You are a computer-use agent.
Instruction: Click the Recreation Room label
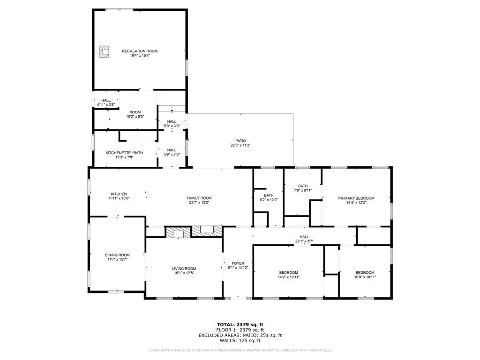click(x=140, y=51)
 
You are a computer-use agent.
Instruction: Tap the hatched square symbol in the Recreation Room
click(x=104, y=52)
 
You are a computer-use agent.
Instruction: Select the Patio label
click(x=240, y=141)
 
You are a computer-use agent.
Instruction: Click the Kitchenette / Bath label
click(x=124, y=153)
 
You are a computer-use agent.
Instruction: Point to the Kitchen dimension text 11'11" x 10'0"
click(x=119, y=198)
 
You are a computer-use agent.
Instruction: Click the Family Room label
click(x=199, y=198)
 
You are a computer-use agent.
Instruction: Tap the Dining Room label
click(x=117, y=255)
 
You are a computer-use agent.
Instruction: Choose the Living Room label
click(x=184, y=269)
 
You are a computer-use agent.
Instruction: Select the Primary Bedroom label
click(x=356, y=198)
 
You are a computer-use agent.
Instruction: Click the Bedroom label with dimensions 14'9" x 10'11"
click(x=288, y=273)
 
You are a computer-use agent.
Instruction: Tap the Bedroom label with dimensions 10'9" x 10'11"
click(x=365, y=273)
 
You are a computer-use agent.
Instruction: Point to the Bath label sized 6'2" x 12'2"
click(x=269, y=195)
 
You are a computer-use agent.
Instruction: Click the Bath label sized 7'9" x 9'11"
click(x=302, y=186)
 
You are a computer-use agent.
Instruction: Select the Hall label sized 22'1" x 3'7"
click(x=304, y=237)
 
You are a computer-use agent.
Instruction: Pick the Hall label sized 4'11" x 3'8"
click(x=106, y=100)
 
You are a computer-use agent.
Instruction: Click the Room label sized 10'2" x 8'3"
click(x=135, y=112)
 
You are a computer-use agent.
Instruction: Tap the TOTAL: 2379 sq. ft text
click(x=240, y=324)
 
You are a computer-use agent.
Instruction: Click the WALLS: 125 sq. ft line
click(x=240, y=340)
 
